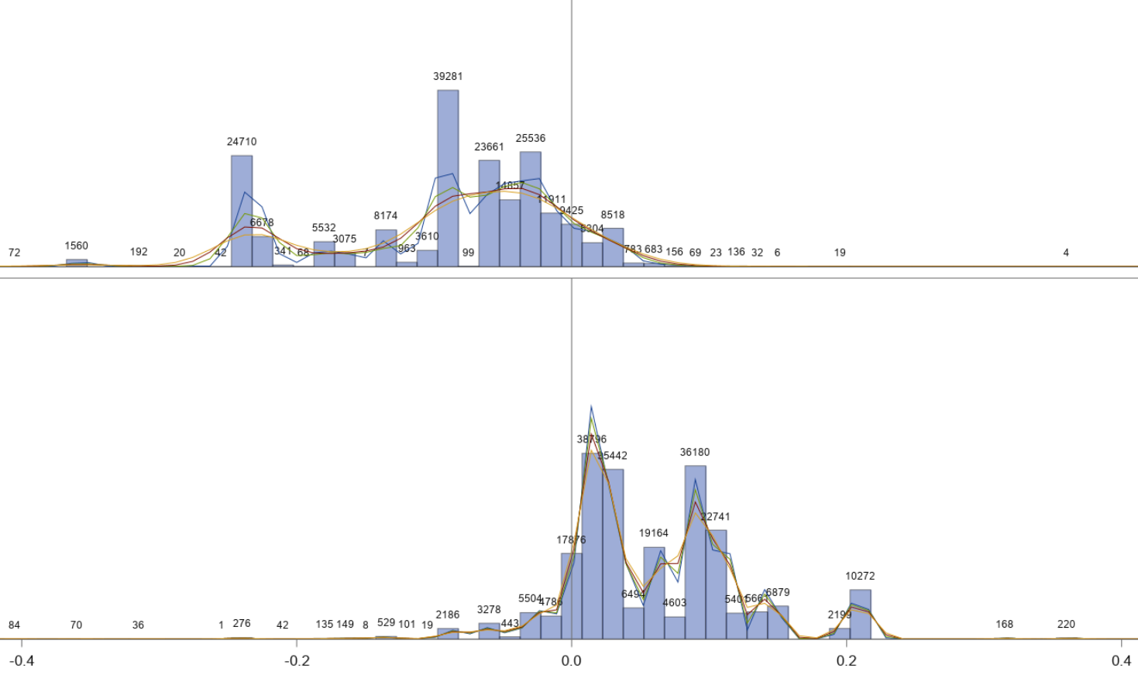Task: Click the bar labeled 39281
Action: (x=448, y=178)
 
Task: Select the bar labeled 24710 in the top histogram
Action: (x=242, y=211)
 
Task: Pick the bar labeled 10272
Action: (x=860, y=614)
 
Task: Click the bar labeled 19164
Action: (x=654, y=593)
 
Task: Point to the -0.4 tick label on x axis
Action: (x=22, y=660)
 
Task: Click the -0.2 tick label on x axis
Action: (x=297, y=660)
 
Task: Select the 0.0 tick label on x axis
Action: (x=572, y=660)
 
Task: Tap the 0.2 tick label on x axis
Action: (x=847, y=660)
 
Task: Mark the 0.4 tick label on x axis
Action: (x=1121, y=660)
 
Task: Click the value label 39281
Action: (x=448, y=76)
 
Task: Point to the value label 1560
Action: (x=77, y=246)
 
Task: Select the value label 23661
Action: (x=489, y=146)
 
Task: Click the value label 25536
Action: (x=531, y=138)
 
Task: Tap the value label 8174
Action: (x=386, y=215)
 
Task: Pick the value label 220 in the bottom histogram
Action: (x=1066, y=624)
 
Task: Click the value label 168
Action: (x=1004, y=624)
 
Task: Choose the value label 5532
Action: (x=324, y=228)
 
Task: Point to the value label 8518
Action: (x=613, y=215)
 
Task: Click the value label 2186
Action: (x=448, y=615)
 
